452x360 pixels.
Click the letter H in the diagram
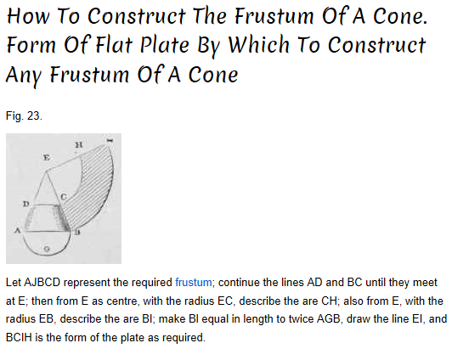[79, 144]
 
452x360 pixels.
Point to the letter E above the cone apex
[47, 158]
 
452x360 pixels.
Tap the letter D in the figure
[26, 204]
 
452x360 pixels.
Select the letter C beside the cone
[64, 197]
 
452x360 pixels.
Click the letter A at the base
[18, 230]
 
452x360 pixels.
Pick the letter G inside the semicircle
[48, 248]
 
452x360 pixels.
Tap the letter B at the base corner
[77, 232]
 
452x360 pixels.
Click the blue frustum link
[194, 283]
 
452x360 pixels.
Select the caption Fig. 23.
[24, 115]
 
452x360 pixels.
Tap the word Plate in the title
[165, 45]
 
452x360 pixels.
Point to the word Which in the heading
[258, 45]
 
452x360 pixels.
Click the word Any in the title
[24, 76]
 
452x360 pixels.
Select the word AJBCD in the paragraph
[42, 283]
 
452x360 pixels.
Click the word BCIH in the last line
[19, 338]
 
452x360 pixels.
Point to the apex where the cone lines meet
[46, 172]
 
